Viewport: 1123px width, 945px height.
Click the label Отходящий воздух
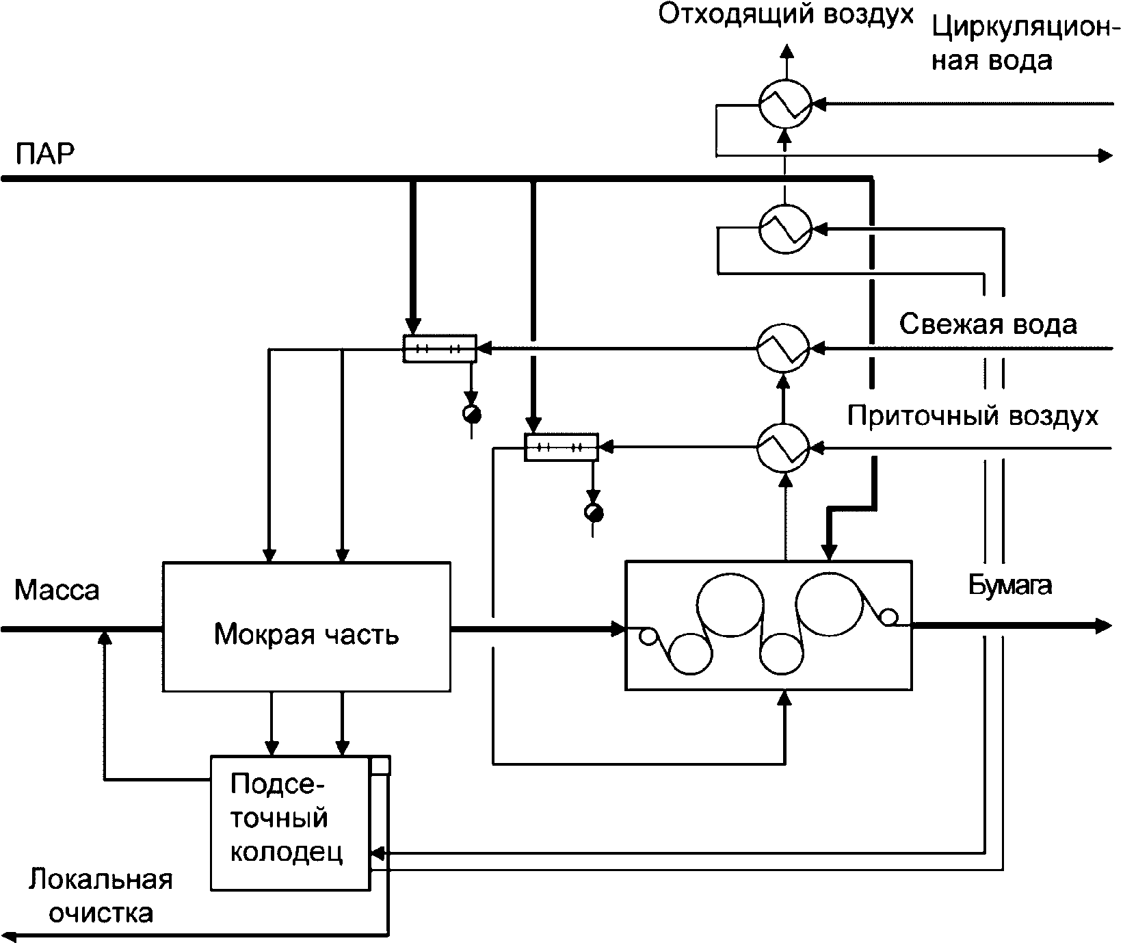pyautogui.click(x=786, y=14)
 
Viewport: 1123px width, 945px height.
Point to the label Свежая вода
pyautogui.click(x=988, y=324)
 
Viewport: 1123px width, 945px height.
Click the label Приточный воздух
pyautogui.click(x=973, y=415)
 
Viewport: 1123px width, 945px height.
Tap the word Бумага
pyautogui.click(x=1010, y=586)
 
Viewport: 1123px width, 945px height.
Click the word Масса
pyautogui.click(x=57, y=590)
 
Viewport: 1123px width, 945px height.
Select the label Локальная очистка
pyautogui.click(x=101, y=896)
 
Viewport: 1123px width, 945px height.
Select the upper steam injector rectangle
pyautogui.click(x=439, y=348)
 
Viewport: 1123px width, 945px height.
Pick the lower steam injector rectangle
pyautogui.click(x=561, y=448)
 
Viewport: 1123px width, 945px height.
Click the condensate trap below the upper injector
pyautogui.click(x=471, y=414)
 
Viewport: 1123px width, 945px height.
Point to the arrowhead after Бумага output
pyautogui.click(x=1103, y=625)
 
